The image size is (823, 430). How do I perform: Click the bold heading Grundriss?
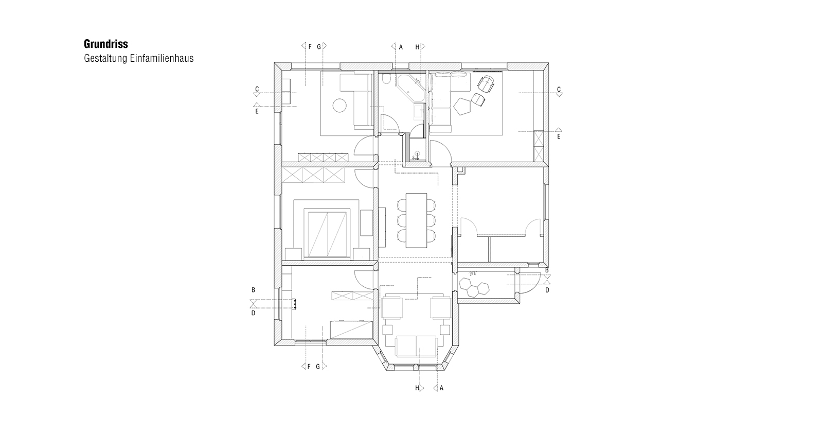106,44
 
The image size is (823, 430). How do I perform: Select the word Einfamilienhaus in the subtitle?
162,59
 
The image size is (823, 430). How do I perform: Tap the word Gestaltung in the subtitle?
106,59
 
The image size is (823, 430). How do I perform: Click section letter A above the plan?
401,47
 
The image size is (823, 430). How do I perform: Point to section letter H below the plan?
417,388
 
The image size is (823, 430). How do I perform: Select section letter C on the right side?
559,90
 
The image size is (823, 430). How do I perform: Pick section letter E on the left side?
257,111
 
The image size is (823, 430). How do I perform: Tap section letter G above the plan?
319,47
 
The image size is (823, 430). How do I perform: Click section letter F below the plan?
309,366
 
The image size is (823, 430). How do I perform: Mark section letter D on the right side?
547,290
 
